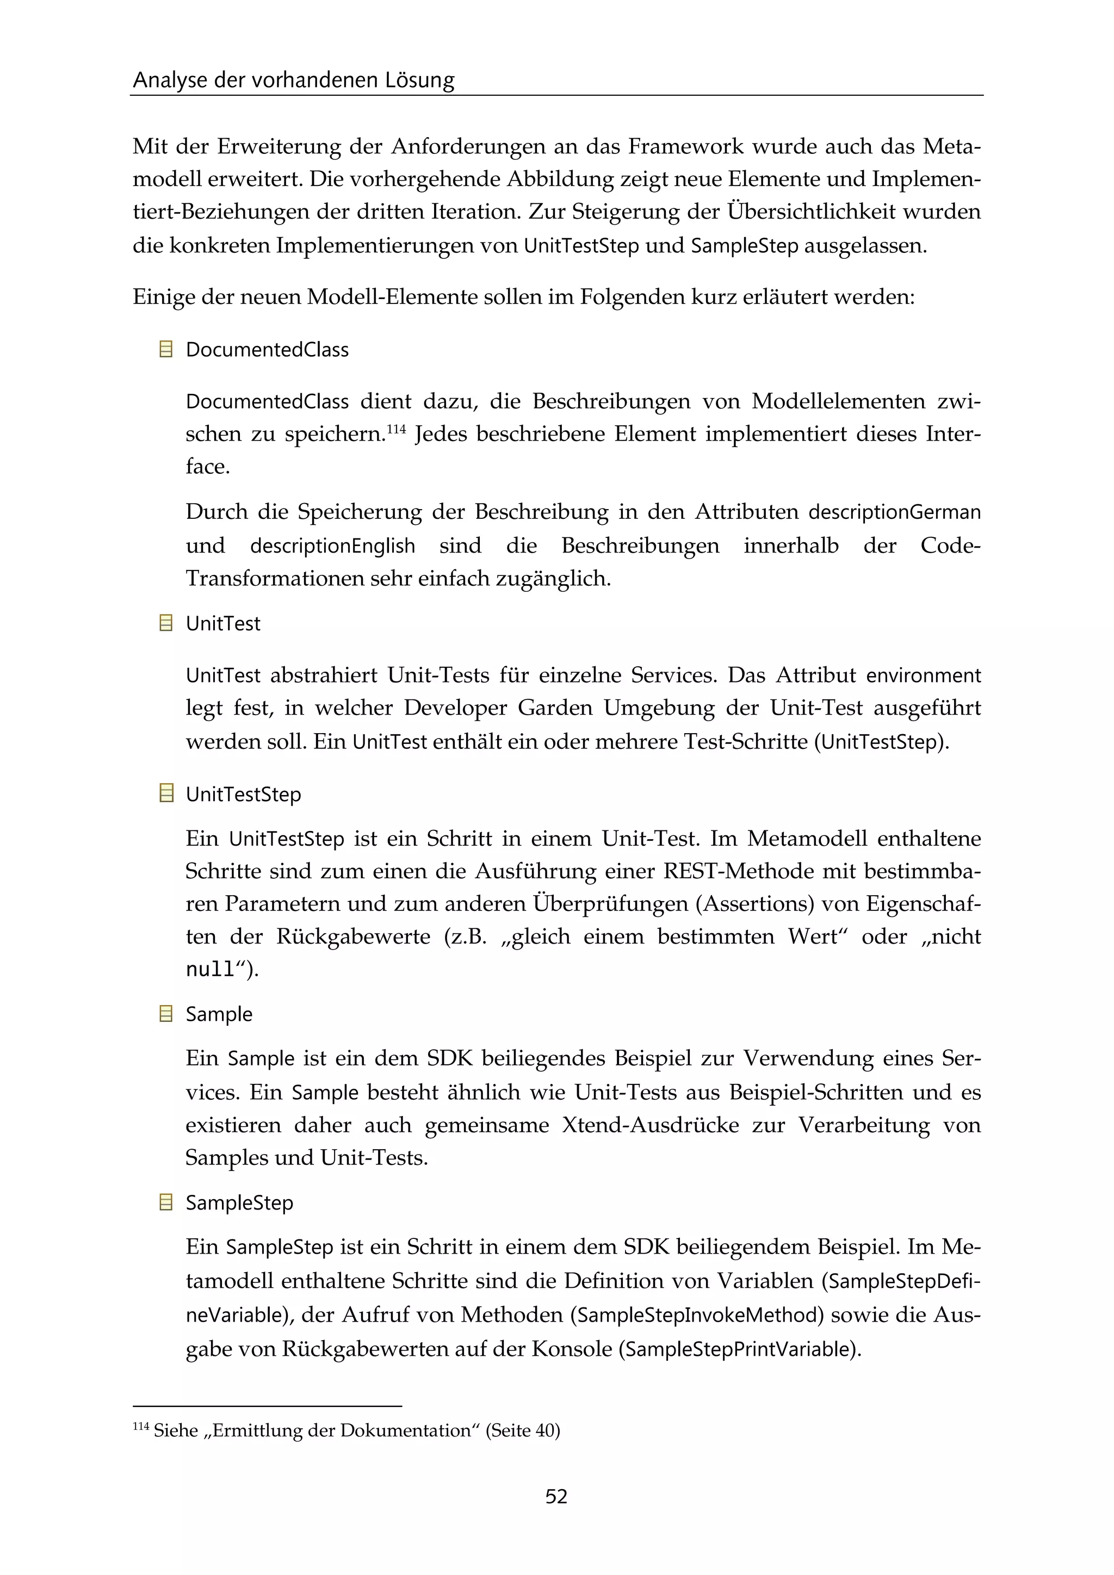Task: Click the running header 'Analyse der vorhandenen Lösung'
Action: click(294, 80)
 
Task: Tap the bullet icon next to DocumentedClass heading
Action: click(165, 349)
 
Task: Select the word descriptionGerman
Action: click(894, 512)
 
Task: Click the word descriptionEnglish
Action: click(333, 546)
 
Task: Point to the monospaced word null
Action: click(211, 969)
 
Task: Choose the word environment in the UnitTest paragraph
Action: click(923, 675)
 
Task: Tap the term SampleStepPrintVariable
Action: click(739, 1349)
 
